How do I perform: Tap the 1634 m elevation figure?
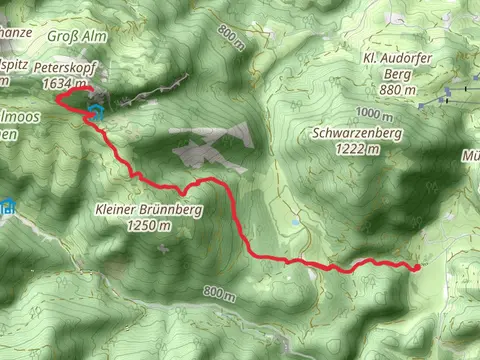point(61,84)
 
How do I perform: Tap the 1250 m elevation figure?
point(151,226)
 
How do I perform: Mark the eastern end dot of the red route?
point(415,267)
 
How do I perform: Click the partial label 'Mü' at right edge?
point(470,157)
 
